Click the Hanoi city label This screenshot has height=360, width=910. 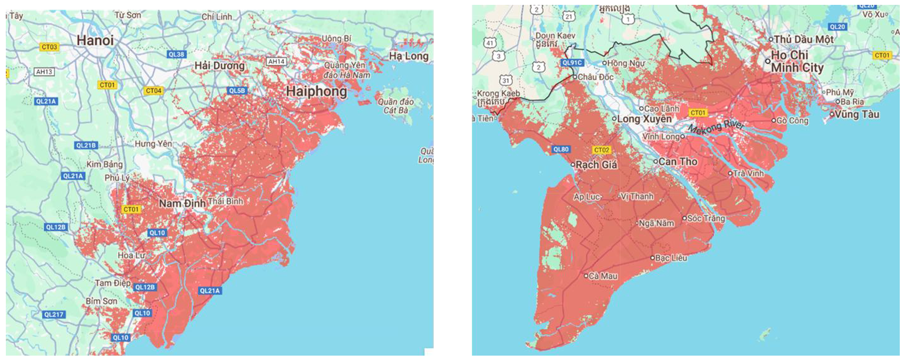95,40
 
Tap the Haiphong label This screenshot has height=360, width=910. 316,91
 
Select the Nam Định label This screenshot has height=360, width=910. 182,203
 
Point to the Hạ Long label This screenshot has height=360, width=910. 408,56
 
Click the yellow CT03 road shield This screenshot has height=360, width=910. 49,47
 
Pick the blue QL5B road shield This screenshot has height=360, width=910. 237,90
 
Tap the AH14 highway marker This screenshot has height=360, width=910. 276,61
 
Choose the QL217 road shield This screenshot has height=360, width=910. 54,314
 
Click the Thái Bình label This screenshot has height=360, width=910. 225,201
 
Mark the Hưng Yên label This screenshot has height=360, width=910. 153,144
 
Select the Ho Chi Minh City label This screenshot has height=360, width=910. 796,61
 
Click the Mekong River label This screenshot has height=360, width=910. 716,127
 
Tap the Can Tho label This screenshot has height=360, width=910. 677,162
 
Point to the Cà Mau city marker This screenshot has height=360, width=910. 586,276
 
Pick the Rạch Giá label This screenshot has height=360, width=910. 596,165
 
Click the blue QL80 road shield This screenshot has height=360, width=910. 561,149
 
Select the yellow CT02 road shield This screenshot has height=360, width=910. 601,150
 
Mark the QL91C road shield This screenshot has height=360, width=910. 572,63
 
